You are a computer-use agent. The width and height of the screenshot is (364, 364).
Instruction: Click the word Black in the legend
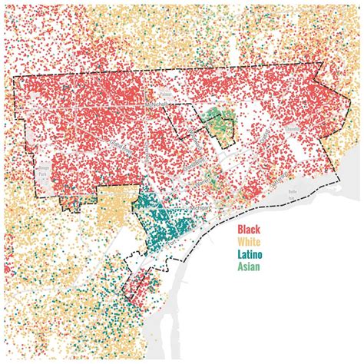[249, 230]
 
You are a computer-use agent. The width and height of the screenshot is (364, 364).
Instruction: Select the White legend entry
[250, 242]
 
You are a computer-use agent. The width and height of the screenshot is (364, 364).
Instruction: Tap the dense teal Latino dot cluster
[165, 227]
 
